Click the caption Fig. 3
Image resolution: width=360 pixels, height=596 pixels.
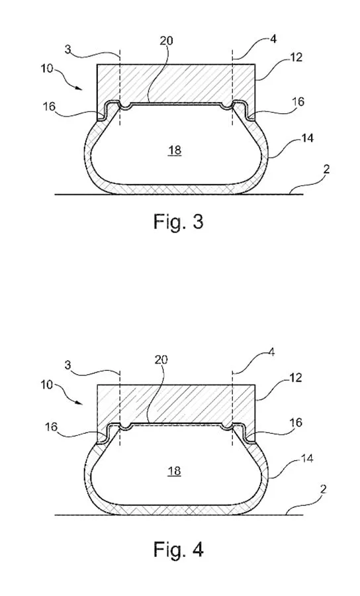179,222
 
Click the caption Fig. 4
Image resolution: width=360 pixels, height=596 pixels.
179,549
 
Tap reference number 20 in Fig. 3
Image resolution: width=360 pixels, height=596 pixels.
166,40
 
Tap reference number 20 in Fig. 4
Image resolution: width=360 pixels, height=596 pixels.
161,359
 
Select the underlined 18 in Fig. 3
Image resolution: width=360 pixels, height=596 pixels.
175,150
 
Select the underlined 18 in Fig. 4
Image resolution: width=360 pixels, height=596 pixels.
175,472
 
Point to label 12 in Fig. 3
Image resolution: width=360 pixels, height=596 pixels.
296,57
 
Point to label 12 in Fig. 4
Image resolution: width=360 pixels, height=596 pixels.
295,377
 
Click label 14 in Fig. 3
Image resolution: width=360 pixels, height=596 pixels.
307,138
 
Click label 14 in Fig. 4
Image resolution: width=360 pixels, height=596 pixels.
307,459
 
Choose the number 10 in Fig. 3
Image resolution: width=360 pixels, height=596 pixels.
47,70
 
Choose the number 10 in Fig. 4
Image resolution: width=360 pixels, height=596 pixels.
47,385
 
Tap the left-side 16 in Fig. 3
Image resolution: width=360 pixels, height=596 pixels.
49,107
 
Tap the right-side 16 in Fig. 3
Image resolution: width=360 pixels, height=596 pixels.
298,101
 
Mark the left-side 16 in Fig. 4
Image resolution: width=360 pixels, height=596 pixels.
51,427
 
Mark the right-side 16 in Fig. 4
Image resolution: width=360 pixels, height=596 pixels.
296,422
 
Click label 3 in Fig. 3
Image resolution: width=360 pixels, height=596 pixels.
68,50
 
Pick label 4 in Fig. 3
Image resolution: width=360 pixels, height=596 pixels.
273,39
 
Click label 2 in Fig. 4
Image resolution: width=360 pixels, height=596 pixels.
323,489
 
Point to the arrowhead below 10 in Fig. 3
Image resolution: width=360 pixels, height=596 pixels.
79,88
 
